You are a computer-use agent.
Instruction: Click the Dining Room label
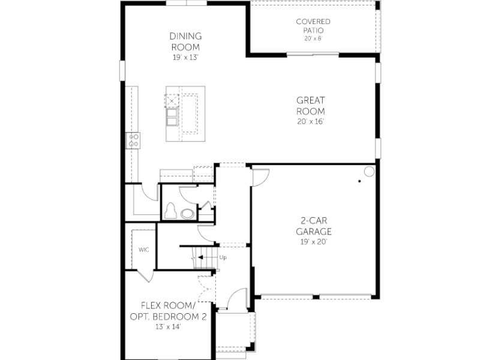coord(185,41)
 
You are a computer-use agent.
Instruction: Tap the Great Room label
coord(310,106)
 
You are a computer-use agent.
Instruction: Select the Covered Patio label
coord(313,26)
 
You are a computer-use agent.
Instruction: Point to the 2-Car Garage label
coord(314,226)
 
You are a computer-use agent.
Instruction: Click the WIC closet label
coord(143,250)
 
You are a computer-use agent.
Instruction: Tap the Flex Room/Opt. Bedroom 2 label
coord(168,311)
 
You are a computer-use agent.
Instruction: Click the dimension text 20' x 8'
coord(313,38)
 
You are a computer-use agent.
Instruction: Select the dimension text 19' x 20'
coord(314,242)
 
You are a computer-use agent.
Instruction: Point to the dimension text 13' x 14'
coord(168,326)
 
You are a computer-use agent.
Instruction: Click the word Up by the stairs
coord(223,257)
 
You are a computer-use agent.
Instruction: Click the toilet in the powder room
coord(170,211)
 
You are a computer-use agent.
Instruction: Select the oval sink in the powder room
coord(187,214)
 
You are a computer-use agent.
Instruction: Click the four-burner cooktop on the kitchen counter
coord(133,140)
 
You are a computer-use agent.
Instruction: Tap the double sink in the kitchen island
coord(172,117)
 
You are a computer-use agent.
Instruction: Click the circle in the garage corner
coord(369,172)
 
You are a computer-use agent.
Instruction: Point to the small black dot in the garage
coord(359,181)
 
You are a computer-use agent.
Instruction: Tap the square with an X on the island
coord(172,101)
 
